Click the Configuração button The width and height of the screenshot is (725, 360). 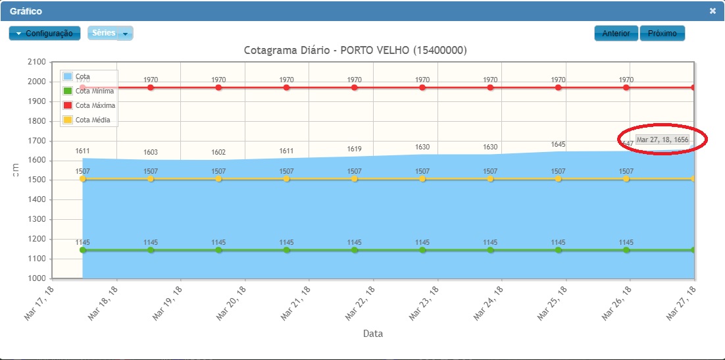45,34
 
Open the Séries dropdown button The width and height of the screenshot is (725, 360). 111,34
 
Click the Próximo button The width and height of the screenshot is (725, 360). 662,34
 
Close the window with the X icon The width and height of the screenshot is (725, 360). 712,11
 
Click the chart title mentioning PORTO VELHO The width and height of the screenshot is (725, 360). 355,50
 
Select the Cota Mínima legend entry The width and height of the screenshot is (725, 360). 94,91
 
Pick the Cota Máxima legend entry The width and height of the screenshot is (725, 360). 95,105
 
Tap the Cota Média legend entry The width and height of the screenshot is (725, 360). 92,120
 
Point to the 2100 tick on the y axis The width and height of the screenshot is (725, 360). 36,62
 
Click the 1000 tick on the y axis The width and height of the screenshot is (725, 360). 36,278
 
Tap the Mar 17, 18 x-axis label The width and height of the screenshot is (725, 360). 38,303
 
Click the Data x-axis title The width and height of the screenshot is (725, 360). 373,334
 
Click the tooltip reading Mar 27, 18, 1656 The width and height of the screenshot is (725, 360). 662,140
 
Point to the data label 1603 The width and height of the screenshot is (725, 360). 151,153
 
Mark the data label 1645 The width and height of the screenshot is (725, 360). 559,144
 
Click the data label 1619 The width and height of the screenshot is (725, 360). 355,149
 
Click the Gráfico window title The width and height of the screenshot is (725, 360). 26,11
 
